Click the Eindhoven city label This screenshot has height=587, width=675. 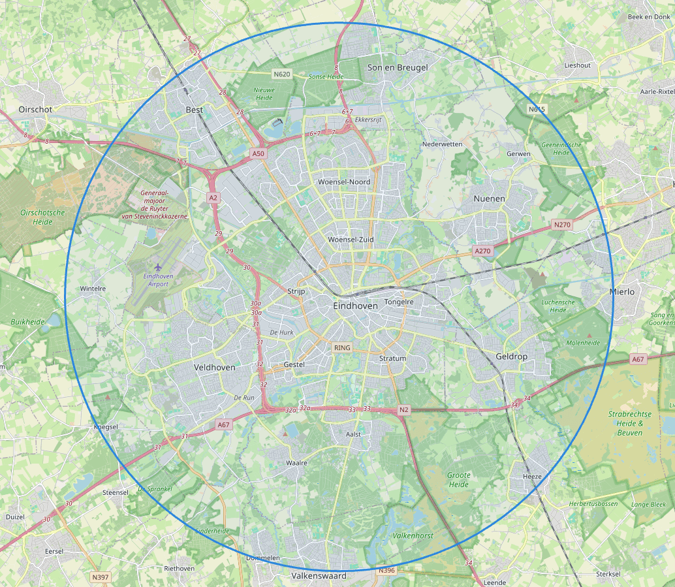point(355,306)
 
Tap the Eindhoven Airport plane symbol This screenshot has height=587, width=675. point(158,267)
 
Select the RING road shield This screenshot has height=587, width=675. point(342,348)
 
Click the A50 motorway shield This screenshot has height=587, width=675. point(259,153)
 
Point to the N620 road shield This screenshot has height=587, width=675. point(281,74)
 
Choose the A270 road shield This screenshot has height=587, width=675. point(482,251)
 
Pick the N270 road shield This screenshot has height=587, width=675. point(561,225)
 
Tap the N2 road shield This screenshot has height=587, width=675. point(403,410)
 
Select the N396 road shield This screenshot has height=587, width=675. point(386,570)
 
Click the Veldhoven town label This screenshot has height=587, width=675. point(214,368)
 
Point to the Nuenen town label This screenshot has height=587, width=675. point(489,198)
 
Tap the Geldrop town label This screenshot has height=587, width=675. point(511,357)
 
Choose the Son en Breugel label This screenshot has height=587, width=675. point(398,67)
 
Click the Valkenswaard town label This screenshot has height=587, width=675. point(319,577)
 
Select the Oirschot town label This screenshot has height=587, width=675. point(36,109)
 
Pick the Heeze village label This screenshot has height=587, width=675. point(532,477)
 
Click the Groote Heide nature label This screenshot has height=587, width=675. point(458,480)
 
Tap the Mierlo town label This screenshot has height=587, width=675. point(621,292)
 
